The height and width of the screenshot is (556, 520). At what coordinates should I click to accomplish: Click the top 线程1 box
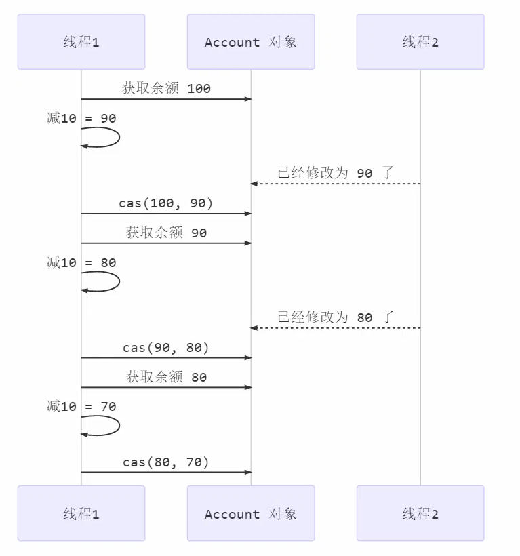(81, 42)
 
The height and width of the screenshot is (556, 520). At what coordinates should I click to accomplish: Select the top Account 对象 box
(251, 42)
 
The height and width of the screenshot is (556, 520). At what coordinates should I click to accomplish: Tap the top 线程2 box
(420, 42)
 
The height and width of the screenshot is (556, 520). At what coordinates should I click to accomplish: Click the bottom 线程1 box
(81, 513)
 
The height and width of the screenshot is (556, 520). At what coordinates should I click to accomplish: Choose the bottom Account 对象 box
(251, 513)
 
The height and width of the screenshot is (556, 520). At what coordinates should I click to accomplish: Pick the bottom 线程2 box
(420, 513)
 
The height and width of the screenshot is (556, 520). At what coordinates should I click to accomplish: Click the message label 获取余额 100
(166, 88)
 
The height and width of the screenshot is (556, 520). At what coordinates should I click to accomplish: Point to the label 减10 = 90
(81, 118)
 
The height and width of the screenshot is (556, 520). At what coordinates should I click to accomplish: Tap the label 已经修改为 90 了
(336, 173)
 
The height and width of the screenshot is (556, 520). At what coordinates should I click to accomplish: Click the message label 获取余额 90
(166, 233)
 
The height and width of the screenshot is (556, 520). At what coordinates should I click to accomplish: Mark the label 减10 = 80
(81, 262)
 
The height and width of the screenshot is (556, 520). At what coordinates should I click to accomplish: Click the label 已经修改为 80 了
(336, 317)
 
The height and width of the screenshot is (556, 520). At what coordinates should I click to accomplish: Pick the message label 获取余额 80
(166, 377)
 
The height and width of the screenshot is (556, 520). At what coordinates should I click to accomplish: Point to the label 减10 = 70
(81, 406)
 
